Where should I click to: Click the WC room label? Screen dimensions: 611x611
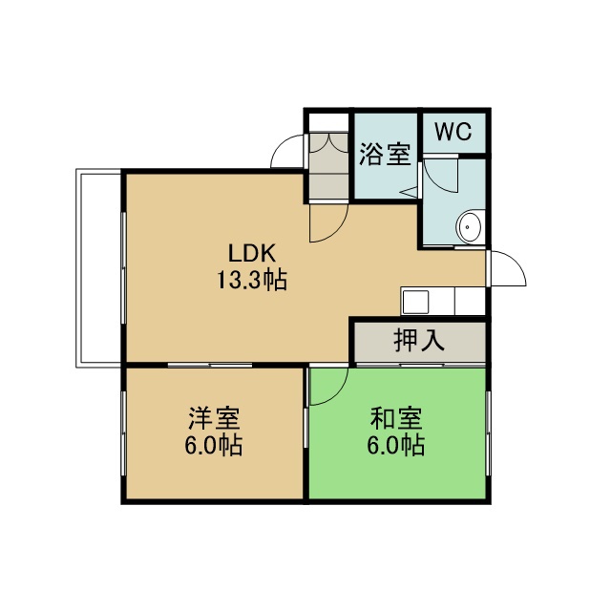tap(453, 132)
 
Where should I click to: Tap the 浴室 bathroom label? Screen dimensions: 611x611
tap(385, 155)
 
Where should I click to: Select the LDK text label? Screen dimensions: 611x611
tap(252, 253)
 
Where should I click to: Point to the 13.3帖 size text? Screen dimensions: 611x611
tap(252, 280)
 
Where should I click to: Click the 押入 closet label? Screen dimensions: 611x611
tap(419, 340)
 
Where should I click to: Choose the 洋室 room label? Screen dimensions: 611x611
tap(214, 418)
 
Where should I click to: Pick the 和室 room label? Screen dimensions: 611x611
tap(396, 418)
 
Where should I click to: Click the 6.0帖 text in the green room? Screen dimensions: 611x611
tap(396, 445)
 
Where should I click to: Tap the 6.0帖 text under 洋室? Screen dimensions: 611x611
tap(214, 445)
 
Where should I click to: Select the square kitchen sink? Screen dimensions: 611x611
tap(415, 302)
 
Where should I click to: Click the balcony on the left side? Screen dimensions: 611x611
tap(98, 268)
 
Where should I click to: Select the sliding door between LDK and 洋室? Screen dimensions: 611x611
tap(210, 365)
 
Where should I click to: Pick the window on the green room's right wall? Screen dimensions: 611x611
tap(488, 433)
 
